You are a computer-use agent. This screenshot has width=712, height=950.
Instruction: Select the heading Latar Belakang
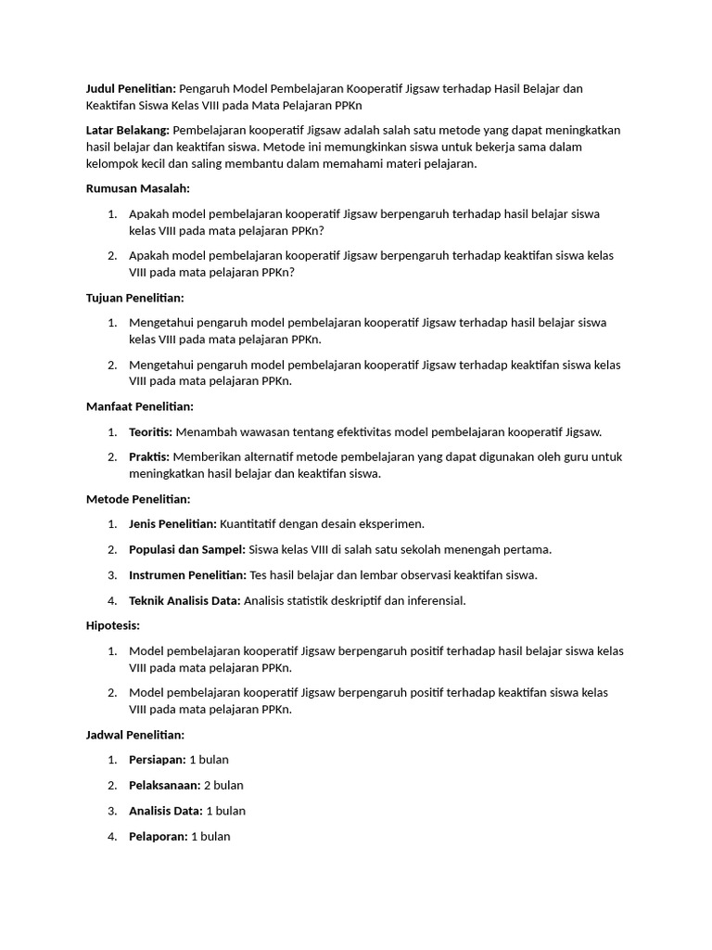[x=127, y=130]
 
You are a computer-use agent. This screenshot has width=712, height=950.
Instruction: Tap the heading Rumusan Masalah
[x=137, y=188]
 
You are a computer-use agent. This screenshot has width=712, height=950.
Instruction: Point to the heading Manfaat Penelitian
[x=139, y=406]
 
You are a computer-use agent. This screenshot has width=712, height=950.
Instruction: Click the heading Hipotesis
[x=113, y=625]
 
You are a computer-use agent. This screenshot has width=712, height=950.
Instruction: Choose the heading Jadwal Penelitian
[x=135, y=735]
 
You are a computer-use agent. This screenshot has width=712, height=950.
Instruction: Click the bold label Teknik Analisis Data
[x=184, y=600]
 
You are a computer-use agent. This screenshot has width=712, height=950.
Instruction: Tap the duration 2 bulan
[x=223, y=785]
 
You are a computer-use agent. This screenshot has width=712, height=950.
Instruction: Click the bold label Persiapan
[x=158, y=760]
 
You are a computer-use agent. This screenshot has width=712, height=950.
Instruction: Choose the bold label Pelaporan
[x=159, y=836]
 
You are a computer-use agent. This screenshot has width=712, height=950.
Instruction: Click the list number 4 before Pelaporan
[x=111, y=836]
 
